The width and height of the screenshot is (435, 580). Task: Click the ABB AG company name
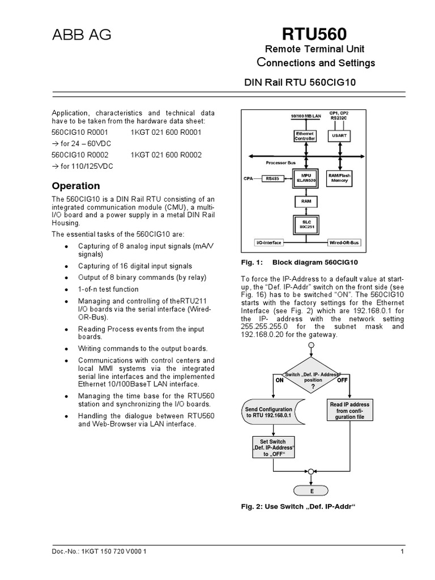pos(81,36)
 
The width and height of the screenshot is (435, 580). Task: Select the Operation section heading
pos(76,186)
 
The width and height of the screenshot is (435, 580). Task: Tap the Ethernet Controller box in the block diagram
pos(305,136)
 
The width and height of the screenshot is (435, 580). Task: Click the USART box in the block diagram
pos(339,135)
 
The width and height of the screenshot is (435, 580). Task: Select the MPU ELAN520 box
pos(306,178)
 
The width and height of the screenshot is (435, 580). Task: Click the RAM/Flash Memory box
pos(339,178)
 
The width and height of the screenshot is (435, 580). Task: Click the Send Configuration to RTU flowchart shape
pos(270,412)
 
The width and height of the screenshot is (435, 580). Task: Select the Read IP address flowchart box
pos(349,411)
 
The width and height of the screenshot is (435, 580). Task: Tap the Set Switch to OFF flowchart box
pos(274,447)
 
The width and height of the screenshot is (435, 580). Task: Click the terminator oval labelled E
pos(311,491)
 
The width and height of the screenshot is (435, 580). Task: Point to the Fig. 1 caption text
pos(297,263)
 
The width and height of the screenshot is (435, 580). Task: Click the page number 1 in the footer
pos(401,552)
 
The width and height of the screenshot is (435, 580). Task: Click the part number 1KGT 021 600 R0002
pos(166,154)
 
